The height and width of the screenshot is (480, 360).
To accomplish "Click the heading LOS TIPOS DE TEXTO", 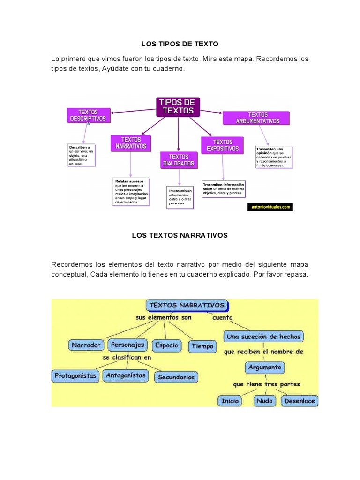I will coord(180,44).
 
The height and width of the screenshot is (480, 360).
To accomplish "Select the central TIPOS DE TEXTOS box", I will coord(178,107).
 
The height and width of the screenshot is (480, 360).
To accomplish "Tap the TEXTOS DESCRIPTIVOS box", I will coord(88,115).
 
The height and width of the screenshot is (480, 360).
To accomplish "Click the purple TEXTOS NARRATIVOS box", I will coord(131,143).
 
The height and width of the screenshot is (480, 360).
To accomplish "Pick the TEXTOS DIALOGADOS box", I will coord(178,160).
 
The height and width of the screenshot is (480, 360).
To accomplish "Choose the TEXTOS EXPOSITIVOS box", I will coord(222,145).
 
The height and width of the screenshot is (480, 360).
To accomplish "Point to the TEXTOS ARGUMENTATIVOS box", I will coord(257,118).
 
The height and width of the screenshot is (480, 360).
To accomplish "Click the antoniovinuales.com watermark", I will coord(270,206).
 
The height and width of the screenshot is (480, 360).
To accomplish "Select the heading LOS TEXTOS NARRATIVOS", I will coord(180,235).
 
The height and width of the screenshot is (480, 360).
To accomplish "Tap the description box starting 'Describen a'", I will coord(82,155).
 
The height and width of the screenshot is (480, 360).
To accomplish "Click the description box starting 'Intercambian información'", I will coord(180,197).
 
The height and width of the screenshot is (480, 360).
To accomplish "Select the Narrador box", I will coord(86,345).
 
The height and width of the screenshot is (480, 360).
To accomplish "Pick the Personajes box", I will coord(127,345).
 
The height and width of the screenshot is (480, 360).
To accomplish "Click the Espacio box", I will coord(166,345).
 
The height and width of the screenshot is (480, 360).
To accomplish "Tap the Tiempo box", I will coord(202,346).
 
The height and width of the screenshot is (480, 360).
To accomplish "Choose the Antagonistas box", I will coord(126,375).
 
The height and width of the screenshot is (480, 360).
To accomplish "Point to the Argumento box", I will coord(265,367).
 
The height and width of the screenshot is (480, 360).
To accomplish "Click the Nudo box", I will coord(265,401).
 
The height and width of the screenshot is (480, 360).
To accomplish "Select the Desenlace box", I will coord(299,401).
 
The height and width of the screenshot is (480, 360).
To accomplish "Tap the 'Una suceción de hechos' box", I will coord(263,337).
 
